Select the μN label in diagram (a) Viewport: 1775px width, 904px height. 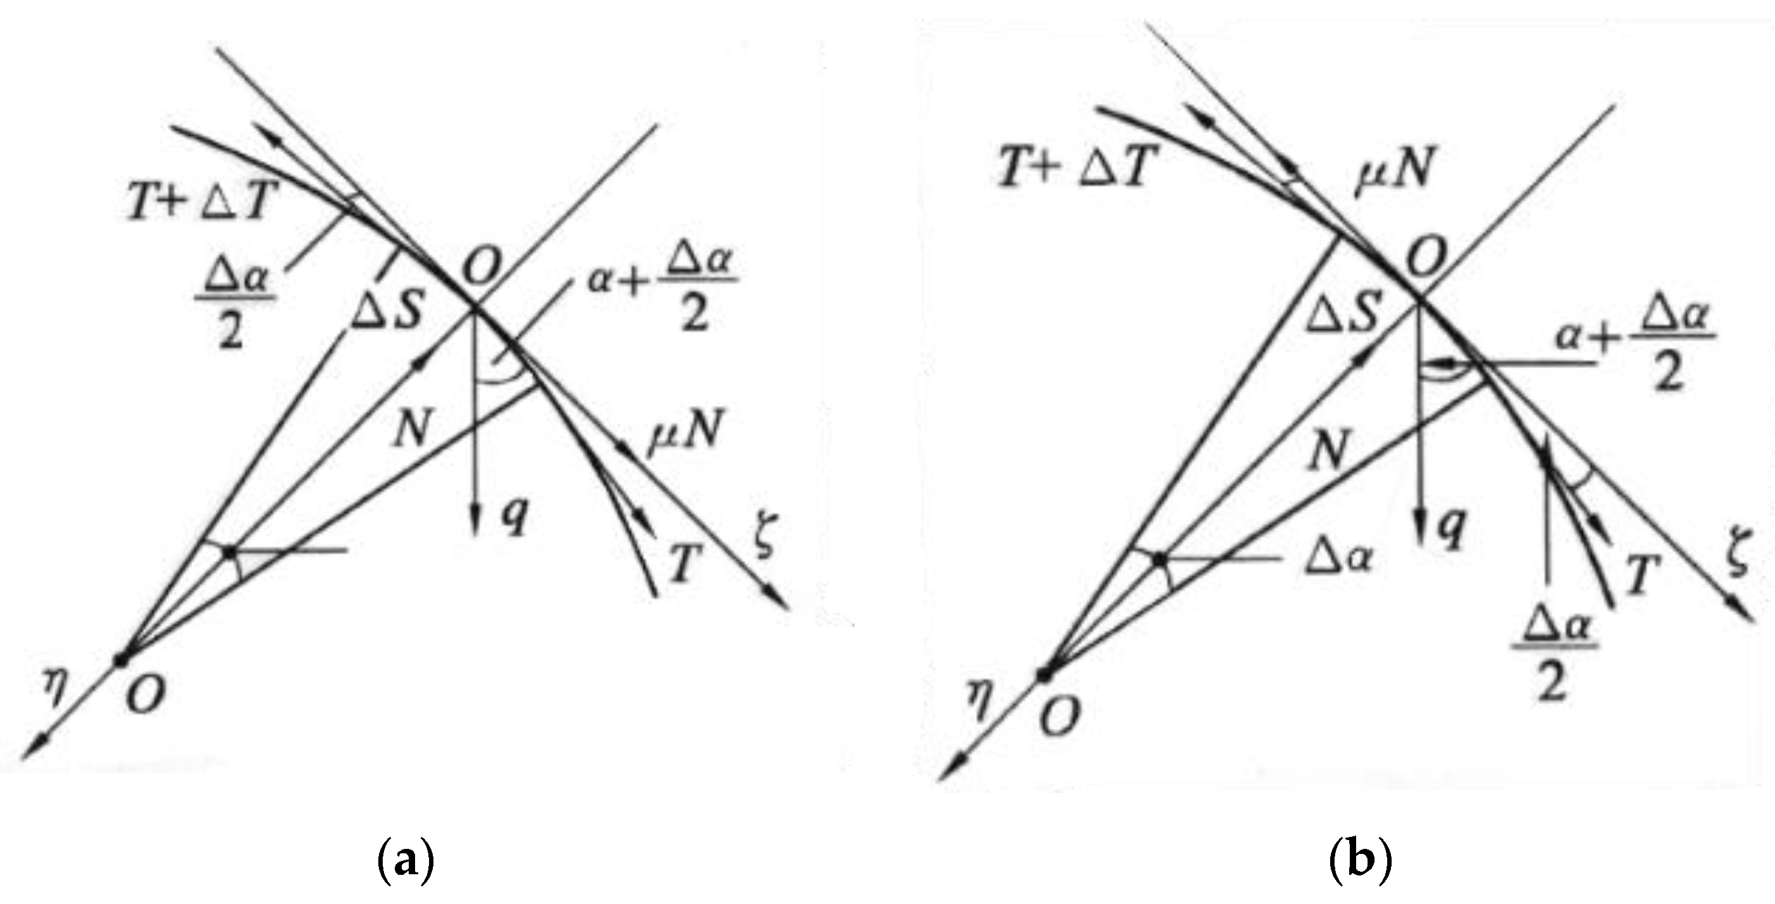684,433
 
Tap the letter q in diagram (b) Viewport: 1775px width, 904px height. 1453,530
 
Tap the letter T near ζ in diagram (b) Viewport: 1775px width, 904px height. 1643,575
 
